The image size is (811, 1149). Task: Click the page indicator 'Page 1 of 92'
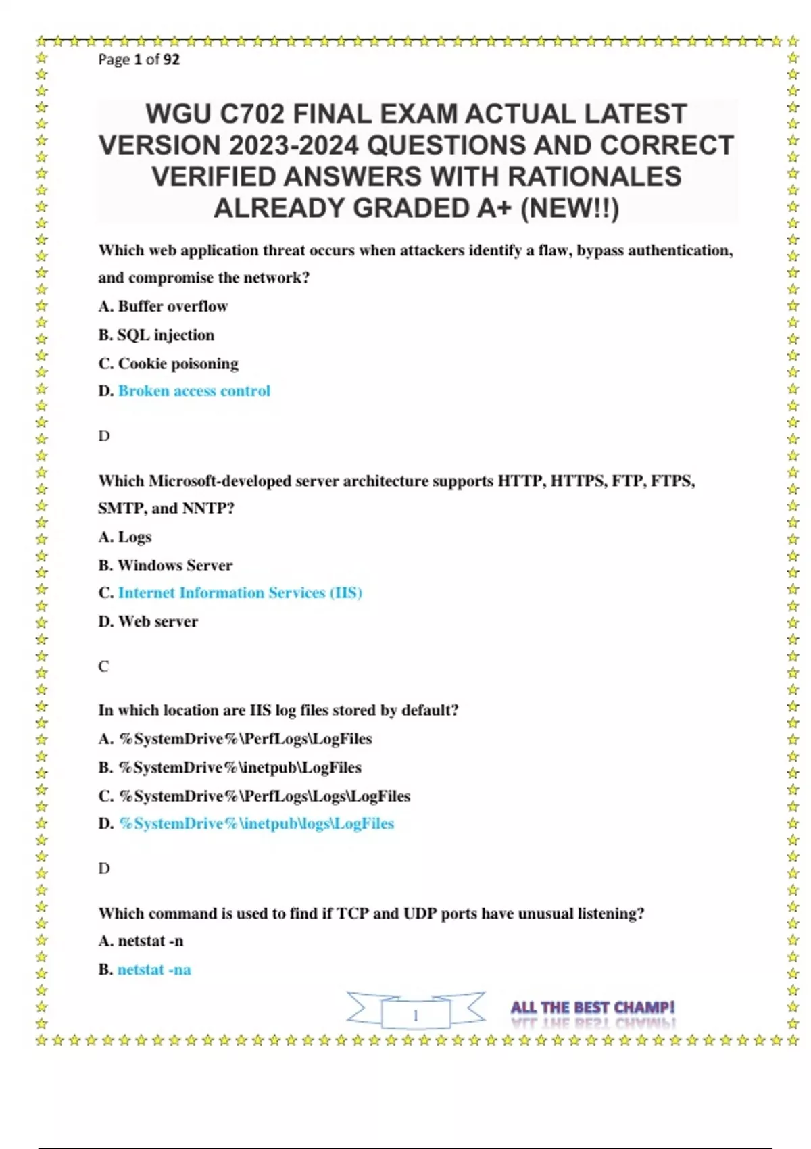pyautogui.click(x=139, y=59)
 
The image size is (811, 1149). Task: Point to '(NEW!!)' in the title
pyautogui.click(x=570, y=208)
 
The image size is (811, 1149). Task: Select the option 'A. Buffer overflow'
pyautogui.click(x=163, y=306)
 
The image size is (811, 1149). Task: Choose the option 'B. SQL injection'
pyautogui.click(x=156, y=335)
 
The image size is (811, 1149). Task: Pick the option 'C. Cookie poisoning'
pyautogui.click(x=168, y=364)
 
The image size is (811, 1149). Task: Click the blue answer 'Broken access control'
pyautogui.click(x=194, y=391)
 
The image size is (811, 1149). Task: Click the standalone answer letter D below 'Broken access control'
pyautogui.click(x=104, y=436)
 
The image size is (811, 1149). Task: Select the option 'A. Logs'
pyautogui.click(x=125, y=537)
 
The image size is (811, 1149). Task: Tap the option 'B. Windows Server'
pyautogui.click(x=166, y=566)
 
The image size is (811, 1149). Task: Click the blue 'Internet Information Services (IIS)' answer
pyautogui.click(x=240, y=593)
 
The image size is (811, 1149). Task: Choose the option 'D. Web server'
pyautogui.click(x=148, y=622)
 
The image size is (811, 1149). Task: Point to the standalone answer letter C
pyautogui.click(x=103, y=666)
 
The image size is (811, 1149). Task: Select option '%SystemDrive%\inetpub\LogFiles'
pyautogui.click(x=240, y=768)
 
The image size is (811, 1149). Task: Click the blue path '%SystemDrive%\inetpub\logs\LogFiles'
pyautogui.click(x=256, y=824)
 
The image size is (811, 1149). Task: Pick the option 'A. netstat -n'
pyautogui.click(x=141, y=942)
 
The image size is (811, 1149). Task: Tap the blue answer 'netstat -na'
pyautogui.click(x=154, y=970)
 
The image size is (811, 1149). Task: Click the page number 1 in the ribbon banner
pyautogui.click(x=416, y=1015)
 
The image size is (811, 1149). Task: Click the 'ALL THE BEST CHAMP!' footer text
pyautogui.click(x=593, y=1008)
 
